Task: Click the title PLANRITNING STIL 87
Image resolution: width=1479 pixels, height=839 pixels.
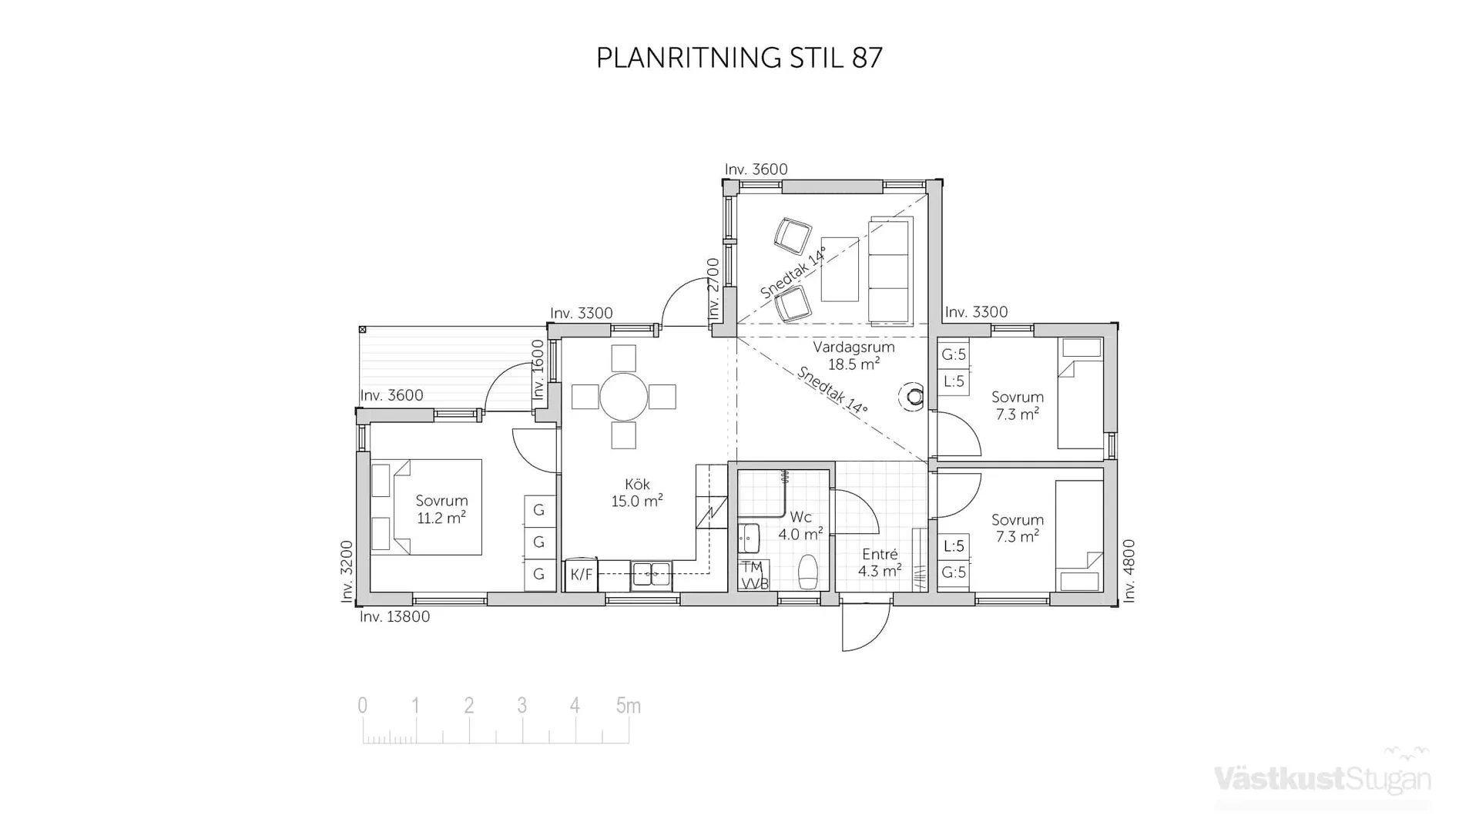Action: [x=739, y=58]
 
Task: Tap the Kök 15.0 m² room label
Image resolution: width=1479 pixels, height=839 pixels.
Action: [x=637, y=493]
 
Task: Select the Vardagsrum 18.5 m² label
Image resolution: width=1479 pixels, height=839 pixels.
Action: [x=854, y=356]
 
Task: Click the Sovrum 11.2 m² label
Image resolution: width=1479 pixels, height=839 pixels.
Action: [x=441, y=509]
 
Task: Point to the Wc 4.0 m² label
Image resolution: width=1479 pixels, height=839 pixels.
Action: [x=800, y=525]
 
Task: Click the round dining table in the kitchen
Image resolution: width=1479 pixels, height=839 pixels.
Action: [x=623, y=398]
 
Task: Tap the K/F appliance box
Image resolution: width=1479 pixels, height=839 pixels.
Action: [x=582, y=575]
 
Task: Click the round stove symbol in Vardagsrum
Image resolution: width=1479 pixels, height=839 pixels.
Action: [x=914, y=397]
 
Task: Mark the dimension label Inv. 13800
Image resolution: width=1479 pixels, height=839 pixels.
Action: [x=394, y=617]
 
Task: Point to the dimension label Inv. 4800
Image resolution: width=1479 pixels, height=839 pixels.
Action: [x=1129, y=570]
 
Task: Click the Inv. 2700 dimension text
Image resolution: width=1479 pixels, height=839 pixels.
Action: [x=713, y=289]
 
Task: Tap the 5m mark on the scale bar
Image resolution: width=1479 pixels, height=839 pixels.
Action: [x=628, y=706]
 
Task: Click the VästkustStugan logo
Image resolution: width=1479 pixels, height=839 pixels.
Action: [x=1322, y=778]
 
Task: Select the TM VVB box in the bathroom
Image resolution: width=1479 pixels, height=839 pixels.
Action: [x=753, y=576]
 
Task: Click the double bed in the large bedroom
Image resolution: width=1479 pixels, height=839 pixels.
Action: [x=427, y=507]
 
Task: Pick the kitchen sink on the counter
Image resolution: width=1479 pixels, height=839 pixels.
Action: [x=651, y=574]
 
